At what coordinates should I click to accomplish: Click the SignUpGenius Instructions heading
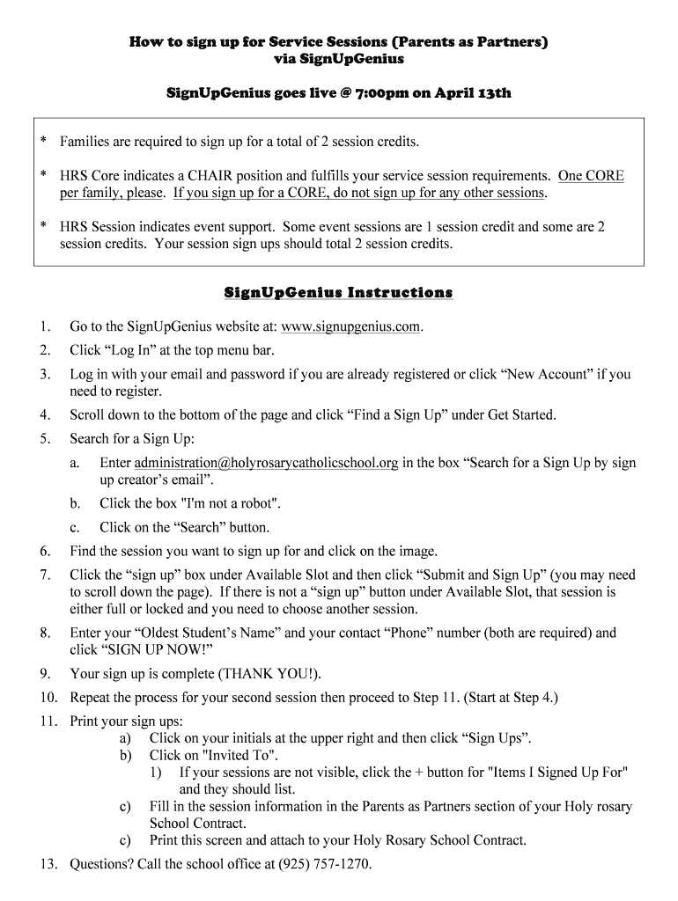pyautogui.click(x=338, y=292)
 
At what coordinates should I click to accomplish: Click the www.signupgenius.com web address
pyautogui.click(x=350, y=326)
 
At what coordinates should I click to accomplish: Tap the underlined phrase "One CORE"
pyautogui.click(x=591, y=176)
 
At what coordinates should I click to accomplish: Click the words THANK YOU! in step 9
pyautogui.click(x=271, y=674)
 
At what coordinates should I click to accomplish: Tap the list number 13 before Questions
pyautogui.click(x=48, y=864)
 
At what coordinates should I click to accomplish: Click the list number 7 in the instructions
pyautogui.click(x=44, y=575)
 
